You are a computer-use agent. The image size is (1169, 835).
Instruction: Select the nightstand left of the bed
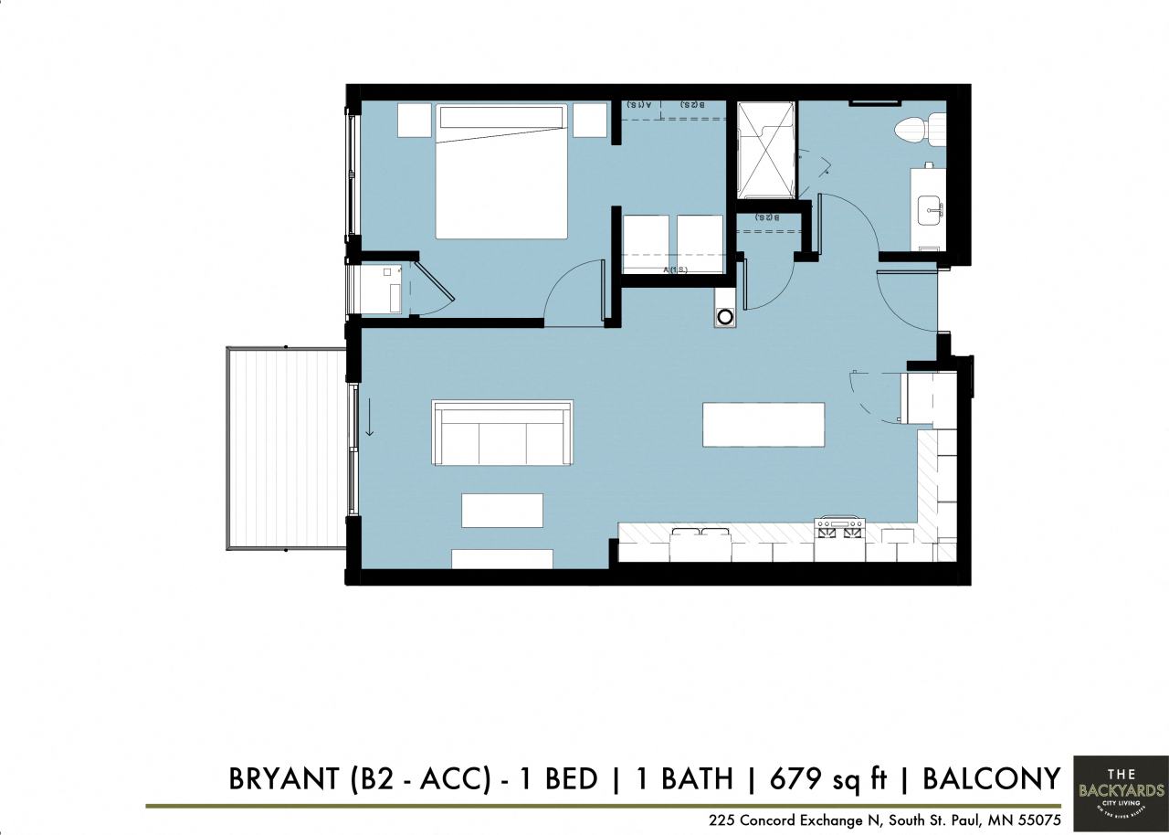pyautogui.click(x=414, y=120)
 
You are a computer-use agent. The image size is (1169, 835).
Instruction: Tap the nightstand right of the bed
pyautogui.click(x=590, y=120)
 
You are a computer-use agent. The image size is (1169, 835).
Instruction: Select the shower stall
pyautogui.click(x=766, y=149)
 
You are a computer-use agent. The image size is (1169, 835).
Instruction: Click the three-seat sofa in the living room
pyautogui.click(x=502, y=433)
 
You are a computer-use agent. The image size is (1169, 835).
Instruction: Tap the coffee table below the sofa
pyautogui.click(x=502, y=510)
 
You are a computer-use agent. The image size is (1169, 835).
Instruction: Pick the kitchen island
pyautogui.click(x=764, y=425)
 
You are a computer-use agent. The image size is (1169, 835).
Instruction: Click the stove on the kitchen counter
pyautogui.click(x=839, y=529)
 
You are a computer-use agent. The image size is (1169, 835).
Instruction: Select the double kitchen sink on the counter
pyautogui.click(x=700, y=540)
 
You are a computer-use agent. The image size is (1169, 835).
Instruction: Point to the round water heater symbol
pyautogui.click(x=725, y=317)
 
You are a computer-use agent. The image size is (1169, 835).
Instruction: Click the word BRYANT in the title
pyautogui.click(x=282, y=778)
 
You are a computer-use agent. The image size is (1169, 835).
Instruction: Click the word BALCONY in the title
pyautogui.click(x=991, y=778)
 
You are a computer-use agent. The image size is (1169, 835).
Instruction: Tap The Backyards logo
pyautogui.click(x=1121, y=793)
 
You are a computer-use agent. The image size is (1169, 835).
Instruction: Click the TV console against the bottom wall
pyautogui.click(x=502, y=558)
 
